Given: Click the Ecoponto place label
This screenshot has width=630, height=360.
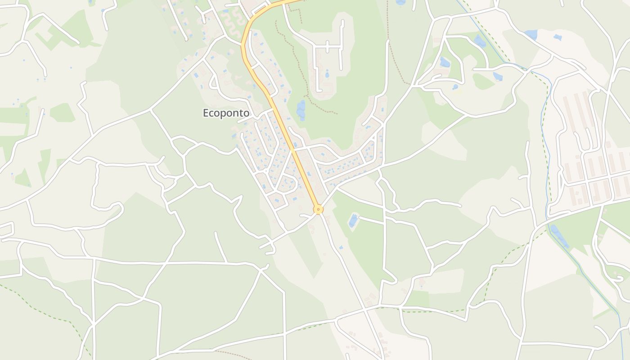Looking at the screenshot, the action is (226, 113).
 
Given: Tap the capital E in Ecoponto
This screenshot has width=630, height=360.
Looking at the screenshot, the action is (206, 113).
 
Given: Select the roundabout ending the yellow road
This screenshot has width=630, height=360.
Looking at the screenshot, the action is (319, 209).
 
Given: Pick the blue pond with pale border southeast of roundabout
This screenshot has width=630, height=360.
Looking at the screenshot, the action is (353, 220).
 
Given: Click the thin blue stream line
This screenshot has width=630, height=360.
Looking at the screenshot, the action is (546, 148).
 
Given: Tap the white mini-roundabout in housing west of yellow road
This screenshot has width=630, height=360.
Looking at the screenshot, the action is (266, 171).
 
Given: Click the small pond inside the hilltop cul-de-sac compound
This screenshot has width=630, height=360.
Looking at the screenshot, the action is (327, 75).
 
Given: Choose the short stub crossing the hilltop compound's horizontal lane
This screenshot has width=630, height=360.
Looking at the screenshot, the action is (328, 46).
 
